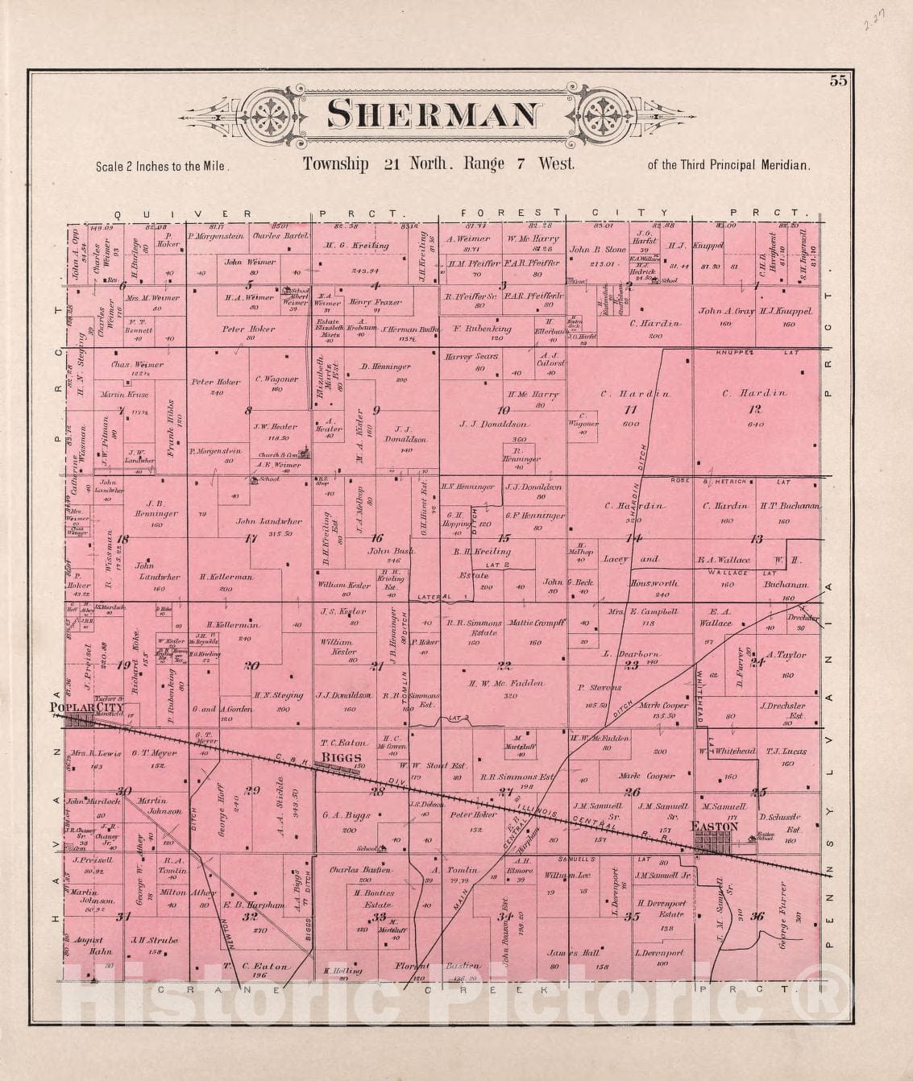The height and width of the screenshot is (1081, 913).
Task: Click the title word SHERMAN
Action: point(434,114)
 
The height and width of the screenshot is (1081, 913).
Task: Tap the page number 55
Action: point(837,81)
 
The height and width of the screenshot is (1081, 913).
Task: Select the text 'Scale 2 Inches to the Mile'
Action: point(162,167)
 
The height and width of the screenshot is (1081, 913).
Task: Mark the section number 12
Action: point(753,409)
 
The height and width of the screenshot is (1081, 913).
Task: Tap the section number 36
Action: point(756,915)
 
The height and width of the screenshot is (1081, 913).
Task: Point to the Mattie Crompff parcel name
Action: point(537,623)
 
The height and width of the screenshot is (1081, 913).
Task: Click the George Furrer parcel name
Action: point(782,917)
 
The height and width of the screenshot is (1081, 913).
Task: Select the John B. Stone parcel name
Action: point(597,250)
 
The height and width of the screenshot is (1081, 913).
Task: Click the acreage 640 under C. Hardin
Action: point(754,425)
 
